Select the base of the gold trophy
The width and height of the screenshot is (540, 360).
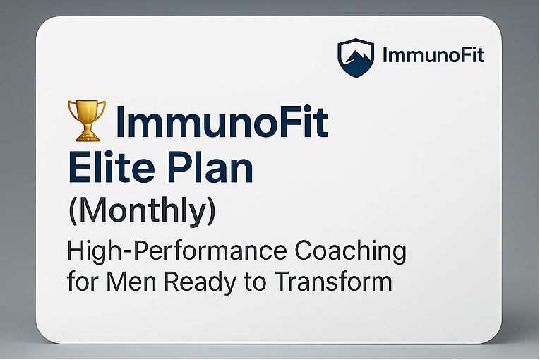tap(85, 136)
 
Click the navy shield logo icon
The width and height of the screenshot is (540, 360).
tap(356, 56)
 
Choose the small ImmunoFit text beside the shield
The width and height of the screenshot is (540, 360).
tap(433, 55)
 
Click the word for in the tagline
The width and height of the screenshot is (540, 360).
tap(83, 282)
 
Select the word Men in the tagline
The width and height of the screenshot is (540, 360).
tap(133, 282)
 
